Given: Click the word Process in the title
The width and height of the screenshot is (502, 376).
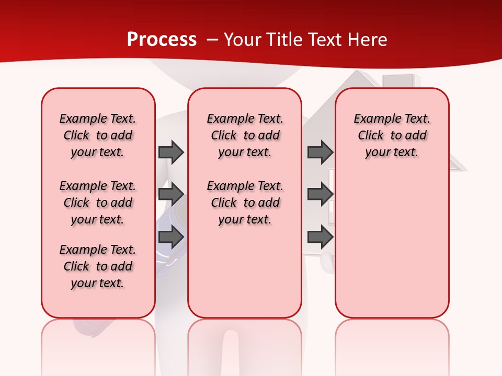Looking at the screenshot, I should (x=162, y=40).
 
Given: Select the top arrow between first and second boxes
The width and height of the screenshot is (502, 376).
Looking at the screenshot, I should (x=171, y=152).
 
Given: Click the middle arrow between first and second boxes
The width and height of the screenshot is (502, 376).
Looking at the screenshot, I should (x=171, y=194).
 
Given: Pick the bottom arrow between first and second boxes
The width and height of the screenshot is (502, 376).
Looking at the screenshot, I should (x=171, y=237).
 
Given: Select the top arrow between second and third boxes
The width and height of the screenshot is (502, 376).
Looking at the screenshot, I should (x=320, y=152).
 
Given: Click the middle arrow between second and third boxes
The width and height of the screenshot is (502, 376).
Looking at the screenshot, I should (x=320, y=194).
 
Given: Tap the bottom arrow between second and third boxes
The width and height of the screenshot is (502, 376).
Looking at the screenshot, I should (x=320, y=237).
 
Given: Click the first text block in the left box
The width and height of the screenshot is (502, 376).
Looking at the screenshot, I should (x=98, y=135).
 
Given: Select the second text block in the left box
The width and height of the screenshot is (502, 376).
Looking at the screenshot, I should (x=98, y=203).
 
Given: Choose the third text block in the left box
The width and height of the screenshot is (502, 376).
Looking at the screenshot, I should (x=98, y=266).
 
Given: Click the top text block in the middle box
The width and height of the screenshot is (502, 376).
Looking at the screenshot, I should (x=245, y=135).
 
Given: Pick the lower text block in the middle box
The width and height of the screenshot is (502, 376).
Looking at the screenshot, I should (x=245, y=203).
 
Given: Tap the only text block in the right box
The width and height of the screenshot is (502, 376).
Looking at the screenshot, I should (x=392, y=135).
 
